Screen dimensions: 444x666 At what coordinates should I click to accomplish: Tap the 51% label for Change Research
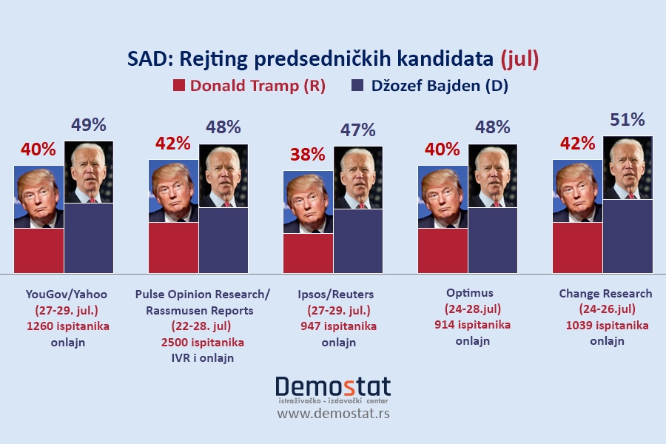pos(627,120)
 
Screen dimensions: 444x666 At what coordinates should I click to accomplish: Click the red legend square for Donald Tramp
pos(178,85)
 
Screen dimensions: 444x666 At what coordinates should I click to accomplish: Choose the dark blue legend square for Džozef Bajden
pos(357,85)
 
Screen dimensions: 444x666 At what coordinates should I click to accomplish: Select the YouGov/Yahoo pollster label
pos(67,294)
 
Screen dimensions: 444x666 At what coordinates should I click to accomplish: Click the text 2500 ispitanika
pos(202,343)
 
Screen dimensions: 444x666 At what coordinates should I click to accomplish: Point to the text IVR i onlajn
pos(203,358)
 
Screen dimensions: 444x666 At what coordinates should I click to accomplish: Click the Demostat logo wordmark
pos(333,386)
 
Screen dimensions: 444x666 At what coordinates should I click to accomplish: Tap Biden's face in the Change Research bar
pos(628,167)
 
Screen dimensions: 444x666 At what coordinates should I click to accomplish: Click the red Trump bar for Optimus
pos(443,251)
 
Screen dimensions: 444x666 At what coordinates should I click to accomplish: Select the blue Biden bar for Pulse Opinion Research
pos(223,240)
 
